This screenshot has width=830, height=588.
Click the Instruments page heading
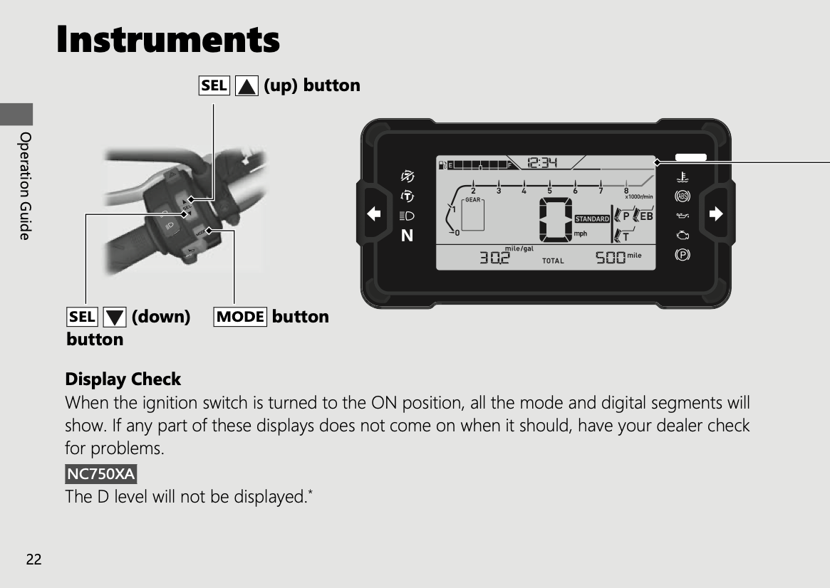click(168, 39)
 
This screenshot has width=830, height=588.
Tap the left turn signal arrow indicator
click(374, 214)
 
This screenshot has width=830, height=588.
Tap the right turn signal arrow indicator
click(716, 214)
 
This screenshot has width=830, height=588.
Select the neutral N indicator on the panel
click(407, 236)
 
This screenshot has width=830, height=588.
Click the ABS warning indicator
click(683, 196)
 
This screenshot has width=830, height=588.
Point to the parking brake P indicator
click(683, 255)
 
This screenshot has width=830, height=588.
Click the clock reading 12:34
click(543, 163)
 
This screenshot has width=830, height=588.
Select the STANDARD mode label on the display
click(592, 219)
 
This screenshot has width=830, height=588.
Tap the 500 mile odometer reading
click(611, 258)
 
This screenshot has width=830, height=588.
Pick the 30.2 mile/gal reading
click(494, 258)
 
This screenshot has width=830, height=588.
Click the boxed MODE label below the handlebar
click(240, 317)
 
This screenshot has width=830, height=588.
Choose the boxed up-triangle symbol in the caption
click(247, 85)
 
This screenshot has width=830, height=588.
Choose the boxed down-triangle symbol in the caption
click(114, 317)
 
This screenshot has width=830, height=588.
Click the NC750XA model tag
click(100, 474)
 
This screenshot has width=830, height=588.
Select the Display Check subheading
click(123, 379)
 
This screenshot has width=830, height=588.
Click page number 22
click(34, 560)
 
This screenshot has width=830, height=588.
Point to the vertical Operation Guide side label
click(25, 186)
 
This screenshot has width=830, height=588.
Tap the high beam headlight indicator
click(407, 216)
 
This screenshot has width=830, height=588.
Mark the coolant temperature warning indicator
click(683, 177)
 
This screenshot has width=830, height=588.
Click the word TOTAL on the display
click(553, 261)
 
